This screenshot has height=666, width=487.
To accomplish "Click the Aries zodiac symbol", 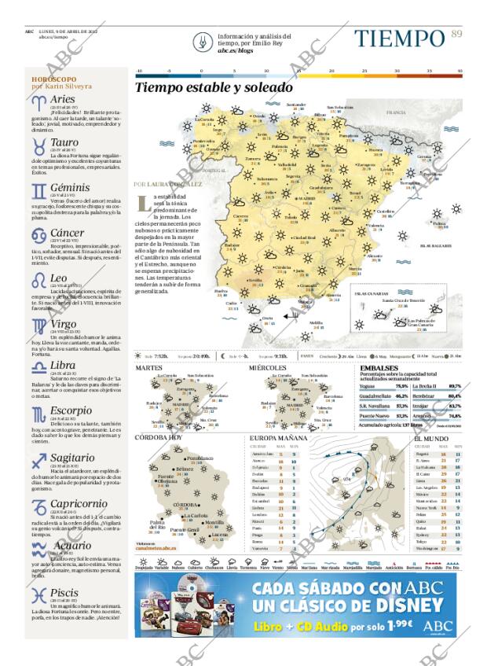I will [38, 101].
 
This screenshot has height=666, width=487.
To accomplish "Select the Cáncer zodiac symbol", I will [38, 234].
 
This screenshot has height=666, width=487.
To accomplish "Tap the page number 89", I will [456, 33].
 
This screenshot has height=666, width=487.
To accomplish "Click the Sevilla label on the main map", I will [255, 279].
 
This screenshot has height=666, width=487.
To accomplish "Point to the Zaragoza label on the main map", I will [365, 165].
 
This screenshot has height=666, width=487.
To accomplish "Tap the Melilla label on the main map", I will [315, 322].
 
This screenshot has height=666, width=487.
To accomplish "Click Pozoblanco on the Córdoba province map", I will [200, 458].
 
